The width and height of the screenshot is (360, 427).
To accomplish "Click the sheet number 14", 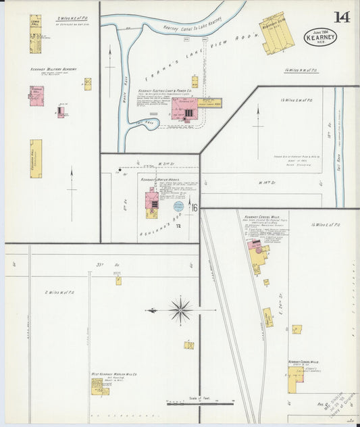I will tap(341, 17).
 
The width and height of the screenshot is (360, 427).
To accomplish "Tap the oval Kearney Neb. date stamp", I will tap(320, 36).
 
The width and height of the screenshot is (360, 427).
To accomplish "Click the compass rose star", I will tap(180, 311).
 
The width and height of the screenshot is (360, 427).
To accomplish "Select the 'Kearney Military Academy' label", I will tap(53, 68).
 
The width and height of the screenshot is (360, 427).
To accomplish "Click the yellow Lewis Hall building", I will tap(35, 34).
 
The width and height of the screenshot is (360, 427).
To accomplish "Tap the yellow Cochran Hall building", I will tap(36, 159).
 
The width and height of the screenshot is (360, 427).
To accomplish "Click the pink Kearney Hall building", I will tap(36, 94).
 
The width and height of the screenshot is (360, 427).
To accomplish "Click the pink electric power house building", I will tap(184, 108).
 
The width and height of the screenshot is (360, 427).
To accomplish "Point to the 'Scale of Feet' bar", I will tap(200, 403).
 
